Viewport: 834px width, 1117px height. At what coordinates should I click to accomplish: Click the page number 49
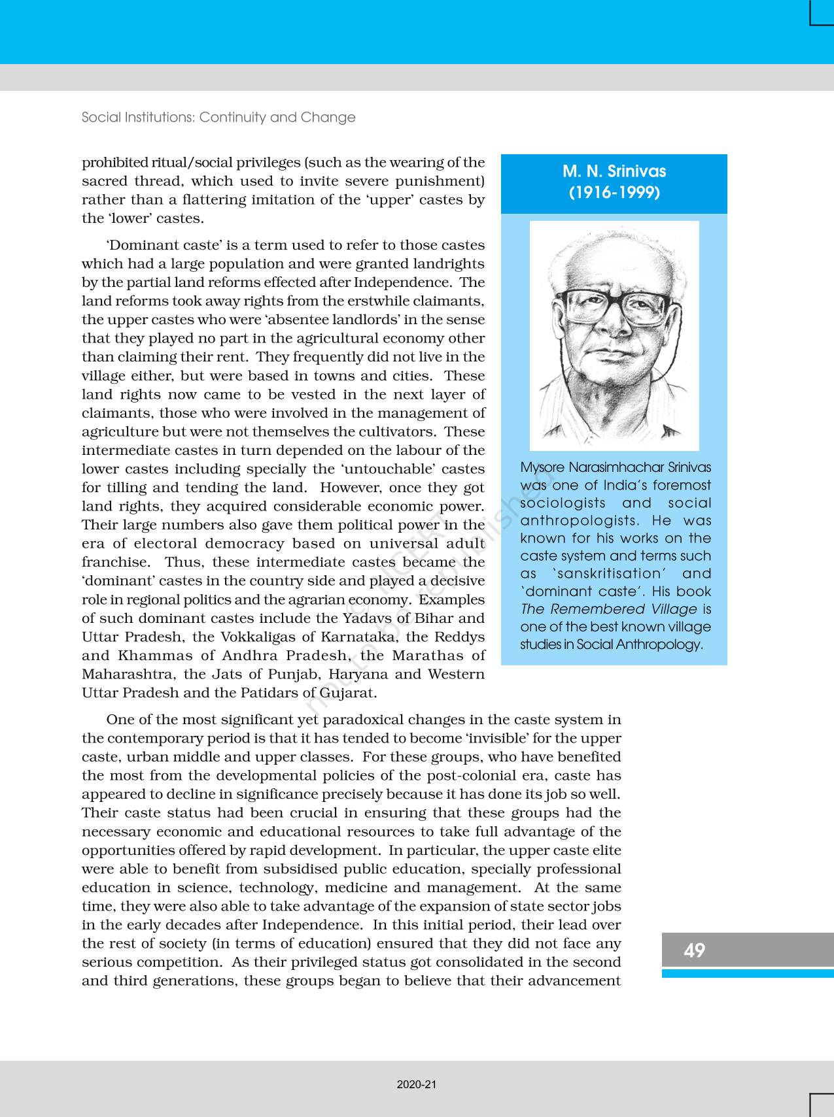(694, 950)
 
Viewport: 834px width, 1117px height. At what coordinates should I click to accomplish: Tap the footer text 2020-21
(417, 1084)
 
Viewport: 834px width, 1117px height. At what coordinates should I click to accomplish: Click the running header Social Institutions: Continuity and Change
(218, 117)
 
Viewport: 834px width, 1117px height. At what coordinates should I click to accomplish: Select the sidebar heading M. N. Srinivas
(614, 171)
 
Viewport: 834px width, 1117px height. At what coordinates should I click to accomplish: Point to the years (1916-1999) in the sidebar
(614, 193)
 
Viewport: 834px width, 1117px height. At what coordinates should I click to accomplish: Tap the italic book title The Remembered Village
(608, 609)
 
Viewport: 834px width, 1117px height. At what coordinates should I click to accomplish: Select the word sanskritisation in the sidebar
(608, 574)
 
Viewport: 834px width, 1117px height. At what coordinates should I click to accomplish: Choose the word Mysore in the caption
(542, 468)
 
